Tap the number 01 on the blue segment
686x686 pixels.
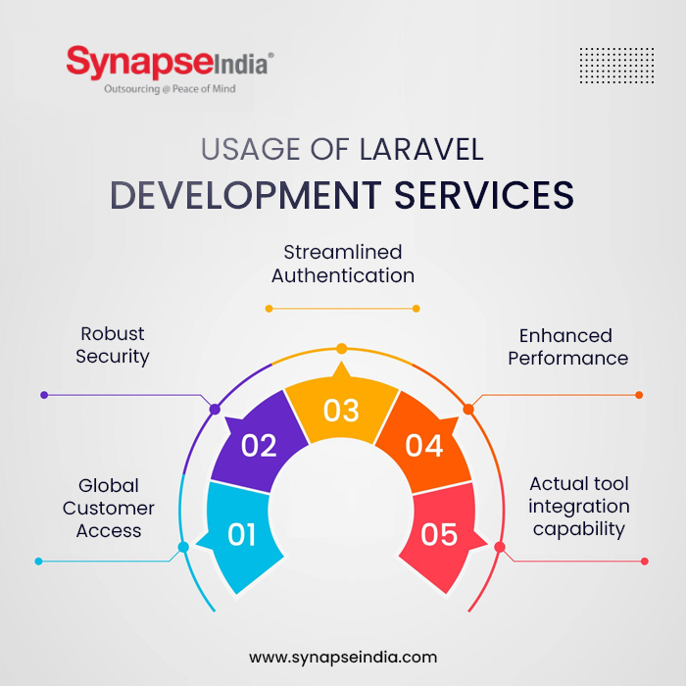[242, 535]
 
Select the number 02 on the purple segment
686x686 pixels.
[259, 446]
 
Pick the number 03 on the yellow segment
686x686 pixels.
[341, 411]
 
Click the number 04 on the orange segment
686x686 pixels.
[424, 446]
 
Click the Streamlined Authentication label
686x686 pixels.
[342, 265]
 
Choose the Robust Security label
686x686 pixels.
[113, 345]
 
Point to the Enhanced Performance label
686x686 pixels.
[567, 347]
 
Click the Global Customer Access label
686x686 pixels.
[109, 508]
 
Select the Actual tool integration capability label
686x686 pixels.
[578, 507]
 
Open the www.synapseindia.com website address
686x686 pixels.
[343, 657]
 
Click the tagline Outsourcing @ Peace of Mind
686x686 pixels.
[170, 89]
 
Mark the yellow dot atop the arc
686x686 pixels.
[341, 348]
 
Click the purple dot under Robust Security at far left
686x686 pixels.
[44, 395]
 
